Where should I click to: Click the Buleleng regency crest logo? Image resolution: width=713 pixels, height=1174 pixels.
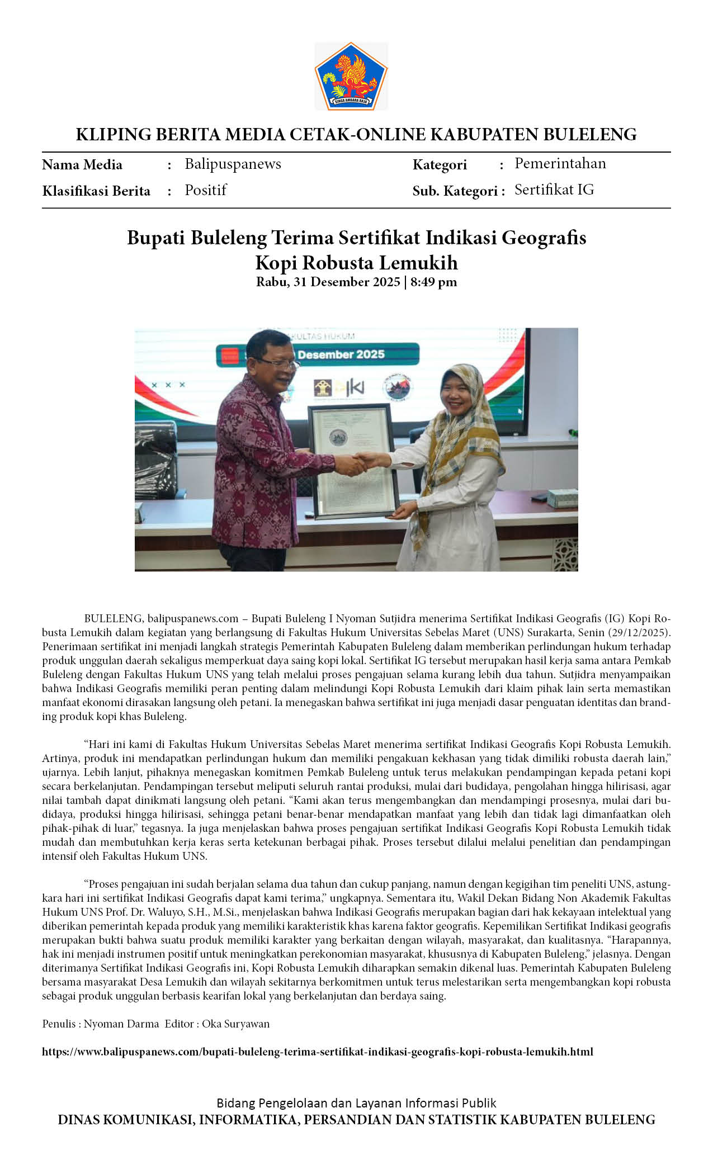tap(351, 76)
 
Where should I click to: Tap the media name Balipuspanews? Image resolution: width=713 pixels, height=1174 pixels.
tap(233, 164)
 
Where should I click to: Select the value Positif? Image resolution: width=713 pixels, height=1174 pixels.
tap(205, 191)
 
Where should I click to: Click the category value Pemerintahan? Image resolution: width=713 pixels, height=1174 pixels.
tap(560, 164)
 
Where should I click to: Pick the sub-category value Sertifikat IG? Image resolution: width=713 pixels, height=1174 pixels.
tap(554, 190)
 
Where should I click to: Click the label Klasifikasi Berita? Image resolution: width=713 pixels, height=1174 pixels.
tap(96, 191)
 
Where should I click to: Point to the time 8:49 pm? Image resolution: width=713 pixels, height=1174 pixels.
tap(433, 282)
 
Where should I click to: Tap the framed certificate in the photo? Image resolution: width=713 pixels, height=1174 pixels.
tap(354, 461)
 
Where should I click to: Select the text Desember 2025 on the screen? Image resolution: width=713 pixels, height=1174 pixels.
tap(341, 354)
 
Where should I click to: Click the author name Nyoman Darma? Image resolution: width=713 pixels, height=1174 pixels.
tap(121, 1024)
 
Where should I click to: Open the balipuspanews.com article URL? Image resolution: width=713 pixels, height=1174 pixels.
tap(318, 1052)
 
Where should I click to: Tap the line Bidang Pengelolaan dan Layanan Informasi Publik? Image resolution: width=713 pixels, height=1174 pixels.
tap(356, 1103)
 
